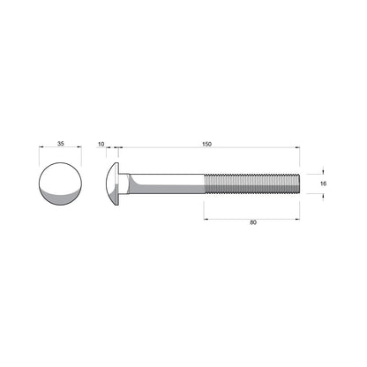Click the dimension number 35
tap(60, 143)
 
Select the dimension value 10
tap(101, 143)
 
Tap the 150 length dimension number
tap(206, 143)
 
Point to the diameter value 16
tap(323, 183)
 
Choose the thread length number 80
tap(252, 222)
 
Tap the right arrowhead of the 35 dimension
tap(79, 149)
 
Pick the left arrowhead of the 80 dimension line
tap(207, 216)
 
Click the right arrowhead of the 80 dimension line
tap(297, 216)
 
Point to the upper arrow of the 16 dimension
tap(323, 171)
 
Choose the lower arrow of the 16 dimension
tap(323, 196)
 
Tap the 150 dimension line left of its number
tap(159, 149)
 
